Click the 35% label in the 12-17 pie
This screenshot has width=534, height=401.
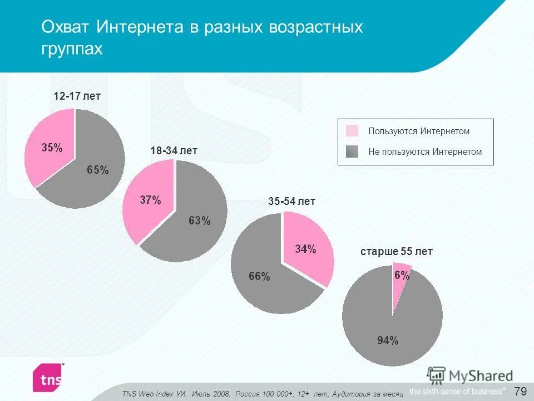coord(52,148)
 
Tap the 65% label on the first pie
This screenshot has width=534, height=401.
coord(97,170)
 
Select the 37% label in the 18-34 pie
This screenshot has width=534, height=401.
coord(150,200)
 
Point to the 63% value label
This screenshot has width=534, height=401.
coord(199,221)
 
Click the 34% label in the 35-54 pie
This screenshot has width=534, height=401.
coord(305,249)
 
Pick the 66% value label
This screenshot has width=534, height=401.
coord(259,276)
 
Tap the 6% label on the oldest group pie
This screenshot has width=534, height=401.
coord(402,275)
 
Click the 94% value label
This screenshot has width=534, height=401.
coord(388,341)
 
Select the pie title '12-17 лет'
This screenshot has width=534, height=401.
coord(77,96)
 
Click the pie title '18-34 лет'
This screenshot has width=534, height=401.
coord(174,151)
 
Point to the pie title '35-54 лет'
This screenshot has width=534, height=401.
coord(291,202)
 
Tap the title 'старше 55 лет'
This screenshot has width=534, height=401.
coord(397,252)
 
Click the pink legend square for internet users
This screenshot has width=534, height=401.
coord(352,131)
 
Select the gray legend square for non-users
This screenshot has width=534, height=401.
coord(352,151)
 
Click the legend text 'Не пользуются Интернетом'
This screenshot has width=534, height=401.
coord(425,151)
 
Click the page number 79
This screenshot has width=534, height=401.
coord(521,390)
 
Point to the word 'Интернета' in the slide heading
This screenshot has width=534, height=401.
coord(142,27)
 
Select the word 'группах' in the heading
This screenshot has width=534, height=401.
coord(72,48)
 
